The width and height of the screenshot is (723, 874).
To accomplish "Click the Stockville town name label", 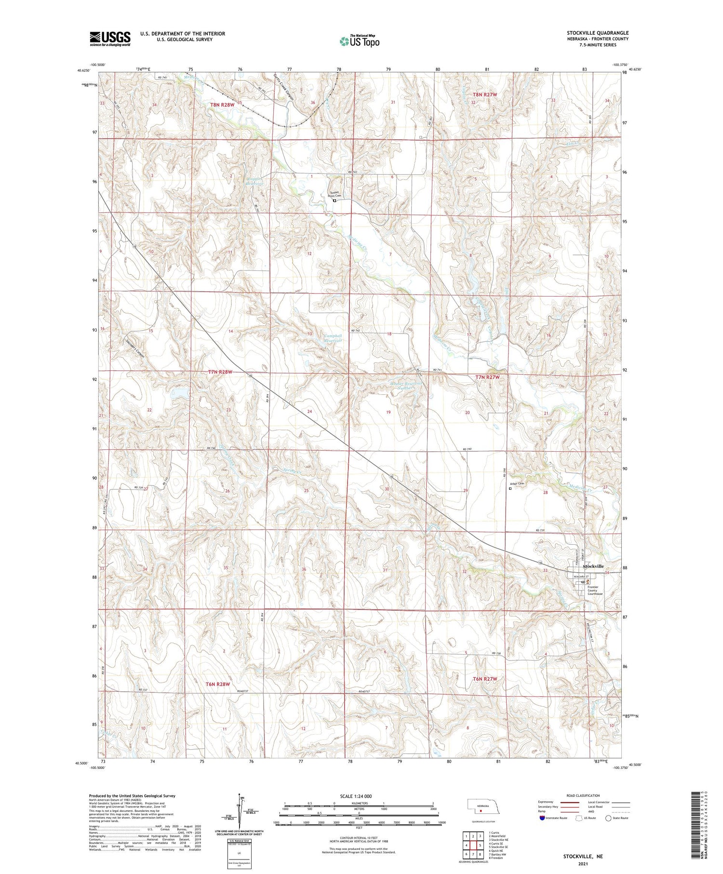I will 593,566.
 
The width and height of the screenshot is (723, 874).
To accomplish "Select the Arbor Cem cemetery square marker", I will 510,488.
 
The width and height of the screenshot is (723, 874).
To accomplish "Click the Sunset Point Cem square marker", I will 334,201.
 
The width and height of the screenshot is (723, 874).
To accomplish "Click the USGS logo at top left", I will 110,39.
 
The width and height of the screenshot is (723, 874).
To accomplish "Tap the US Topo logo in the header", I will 359,41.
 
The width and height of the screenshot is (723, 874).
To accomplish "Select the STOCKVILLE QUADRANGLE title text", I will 597,33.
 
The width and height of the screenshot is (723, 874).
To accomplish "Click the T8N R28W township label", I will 222,105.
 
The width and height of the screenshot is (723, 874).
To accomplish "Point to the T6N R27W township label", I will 484,679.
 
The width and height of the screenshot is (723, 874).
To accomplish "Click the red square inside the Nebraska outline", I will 481,810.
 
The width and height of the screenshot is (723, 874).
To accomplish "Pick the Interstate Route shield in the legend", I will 542,818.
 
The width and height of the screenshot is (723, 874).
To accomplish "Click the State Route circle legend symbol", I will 608,818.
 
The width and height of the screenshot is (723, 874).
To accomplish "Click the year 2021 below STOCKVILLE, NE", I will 583,863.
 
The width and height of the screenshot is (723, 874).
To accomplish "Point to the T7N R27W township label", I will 488,377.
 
